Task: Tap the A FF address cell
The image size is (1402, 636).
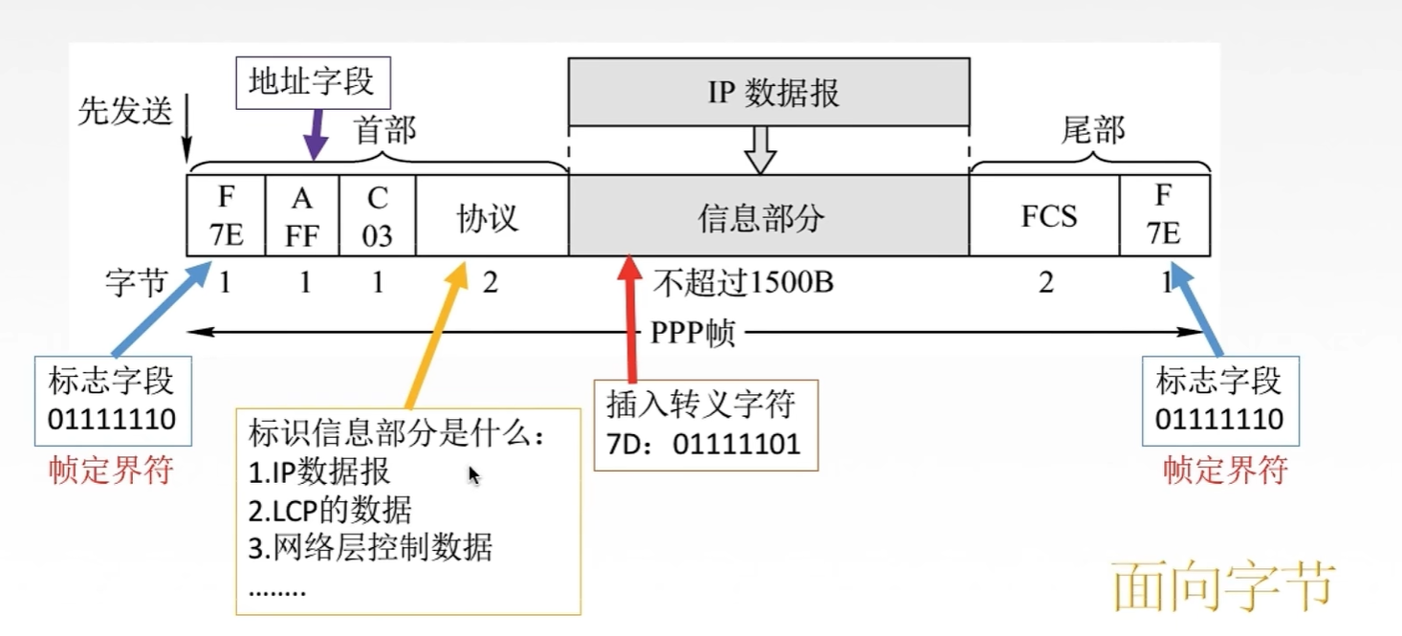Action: pos(301,216)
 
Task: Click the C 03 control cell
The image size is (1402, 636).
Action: pos(377,216)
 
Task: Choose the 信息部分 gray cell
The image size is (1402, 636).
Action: pos(759,217)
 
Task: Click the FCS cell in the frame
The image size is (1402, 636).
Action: pos(1048,216)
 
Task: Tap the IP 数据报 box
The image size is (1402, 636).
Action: pos(769,92)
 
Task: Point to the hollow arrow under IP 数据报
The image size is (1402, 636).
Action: pos(759,150)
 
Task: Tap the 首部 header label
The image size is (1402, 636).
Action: pos(385,131)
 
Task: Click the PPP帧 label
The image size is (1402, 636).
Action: pos(691,333)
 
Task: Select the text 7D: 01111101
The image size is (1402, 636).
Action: pos(703,445)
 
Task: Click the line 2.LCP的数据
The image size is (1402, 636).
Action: pos(330,511)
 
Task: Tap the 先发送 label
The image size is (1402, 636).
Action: pos(124,112)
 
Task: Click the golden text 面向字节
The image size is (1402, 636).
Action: pos(1223,585)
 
